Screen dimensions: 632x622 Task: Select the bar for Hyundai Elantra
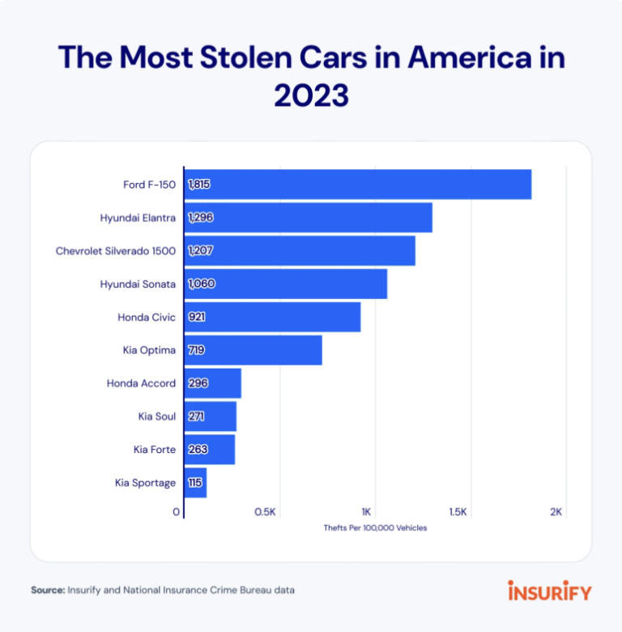click(308, 218)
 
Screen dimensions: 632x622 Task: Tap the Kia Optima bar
click(253, 350)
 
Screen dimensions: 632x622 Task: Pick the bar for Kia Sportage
click(195, 483)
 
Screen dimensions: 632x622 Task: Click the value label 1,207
click(200, 251)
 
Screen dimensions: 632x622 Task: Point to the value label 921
click(196, 317)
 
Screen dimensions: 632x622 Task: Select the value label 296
click(198, 383)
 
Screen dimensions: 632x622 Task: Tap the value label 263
click(197, 450)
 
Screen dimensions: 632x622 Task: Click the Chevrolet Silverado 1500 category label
click(116, 251)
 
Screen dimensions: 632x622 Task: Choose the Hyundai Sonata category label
click(138, 284)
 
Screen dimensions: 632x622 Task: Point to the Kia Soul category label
click(157, 416)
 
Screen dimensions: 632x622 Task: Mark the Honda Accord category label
click(141, 383)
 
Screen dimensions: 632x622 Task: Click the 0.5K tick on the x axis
click(266, 512)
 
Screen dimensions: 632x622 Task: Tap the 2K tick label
click(556, 512)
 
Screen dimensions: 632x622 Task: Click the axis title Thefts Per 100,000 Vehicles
click(375, 528)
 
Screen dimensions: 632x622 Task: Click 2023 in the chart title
click(311, 96)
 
